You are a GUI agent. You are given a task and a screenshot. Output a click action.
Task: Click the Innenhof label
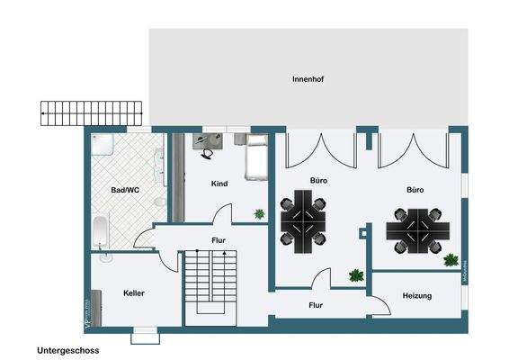tap(308, 79)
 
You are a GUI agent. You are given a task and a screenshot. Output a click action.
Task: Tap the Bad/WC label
tap(125, 191)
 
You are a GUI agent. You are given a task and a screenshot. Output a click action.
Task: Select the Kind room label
tap(219, 184)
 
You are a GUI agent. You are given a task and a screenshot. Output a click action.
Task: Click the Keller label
tap(134, 293)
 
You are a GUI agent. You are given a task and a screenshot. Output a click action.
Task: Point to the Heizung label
tap(417, 295)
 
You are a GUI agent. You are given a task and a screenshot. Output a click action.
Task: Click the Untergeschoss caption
tap(68, 349)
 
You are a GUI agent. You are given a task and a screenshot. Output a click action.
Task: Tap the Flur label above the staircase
tap(219, 241)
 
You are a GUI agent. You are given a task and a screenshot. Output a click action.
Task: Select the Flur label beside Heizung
tap(317, 305)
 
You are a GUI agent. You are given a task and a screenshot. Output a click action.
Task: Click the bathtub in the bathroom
tap(101, 231)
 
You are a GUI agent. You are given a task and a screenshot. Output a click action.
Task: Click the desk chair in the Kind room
tap(209, 153)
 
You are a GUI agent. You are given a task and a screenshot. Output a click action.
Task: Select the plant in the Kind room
tap(260, 214)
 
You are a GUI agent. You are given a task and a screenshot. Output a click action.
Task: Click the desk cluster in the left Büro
tap(304, 225)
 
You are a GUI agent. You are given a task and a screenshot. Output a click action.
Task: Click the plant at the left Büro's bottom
tap(356, 275)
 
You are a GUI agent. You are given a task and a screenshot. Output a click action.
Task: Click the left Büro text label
tap(318, 181)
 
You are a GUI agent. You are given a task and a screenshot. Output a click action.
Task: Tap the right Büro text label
tap(415, 191)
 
